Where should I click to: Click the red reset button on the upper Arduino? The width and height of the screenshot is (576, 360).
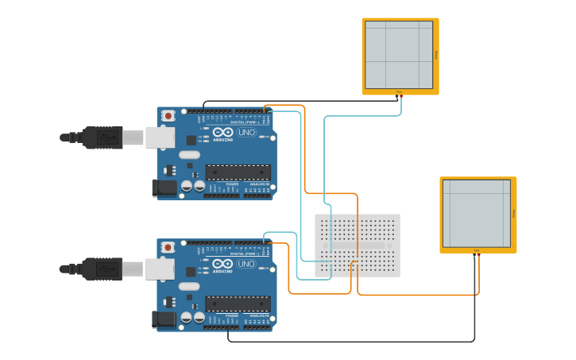pos(168,116)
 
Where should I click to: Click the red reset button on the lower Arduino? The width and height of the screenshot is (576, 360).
pos(168,247)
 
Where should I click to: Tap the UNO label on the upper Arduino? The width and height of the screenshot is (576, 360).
pos(246,133)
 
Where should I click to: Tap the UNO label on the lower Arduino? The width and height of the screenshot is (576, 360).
pos(246,264)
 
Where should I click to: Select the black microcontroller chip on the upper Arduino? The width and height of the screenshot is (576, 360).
pos(238,172)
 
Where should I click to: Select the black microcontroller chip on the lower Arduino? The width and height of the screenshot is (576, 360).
pos(238,303)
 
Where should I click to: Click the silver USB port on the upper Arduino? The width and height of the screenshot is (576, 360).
pos(159,137)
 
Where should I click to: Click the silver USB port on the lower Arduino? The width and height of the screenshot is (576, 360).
pos(159,269)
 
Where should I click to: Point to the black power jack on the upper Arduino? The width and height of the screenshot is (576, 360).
pos(164,188)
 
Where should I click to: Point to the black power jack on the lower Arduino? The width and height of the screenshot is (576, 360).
pos(164,319)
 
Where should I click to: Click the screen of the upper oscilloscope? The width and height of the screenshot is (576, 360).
pos(399,55)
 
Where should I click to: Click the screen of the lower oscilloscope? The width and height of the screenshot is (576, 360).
pos(477,213)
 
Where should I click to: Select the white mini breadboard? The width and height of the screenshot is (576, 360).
pos(358,245)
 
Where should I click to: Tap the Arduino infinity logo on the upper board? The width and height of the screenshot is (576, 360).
pos(222,132)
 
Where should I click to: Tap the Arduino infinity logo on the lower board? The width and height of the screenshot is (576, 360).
pos(222,263)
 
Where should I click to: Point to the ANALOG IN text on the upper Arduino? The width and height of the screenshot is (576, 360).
pos(259,184)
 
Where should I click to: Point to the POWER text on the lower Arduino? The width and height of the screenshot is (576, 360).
pos(232,315)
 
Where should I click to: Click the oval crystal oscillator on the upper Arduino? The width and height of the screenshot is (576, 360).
pos(189,155)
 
